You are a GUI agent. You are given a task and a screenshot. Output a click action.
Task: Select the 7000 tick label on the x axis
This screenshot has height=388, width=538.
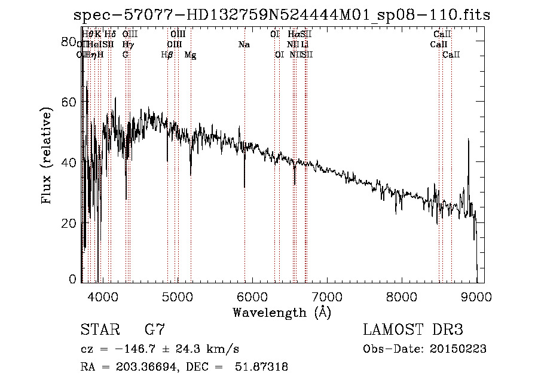[327, 295]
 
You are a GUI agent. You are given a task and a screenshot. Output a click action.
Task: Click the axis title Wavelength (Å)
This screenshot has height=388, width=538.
[282, 311]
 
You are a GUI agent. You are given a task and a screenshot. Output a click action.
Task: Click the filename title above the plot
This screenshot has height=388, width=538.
[282, 15]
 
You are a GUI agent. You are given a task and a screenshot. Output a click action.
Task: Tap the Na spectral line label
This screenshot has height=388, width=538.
[244, 45]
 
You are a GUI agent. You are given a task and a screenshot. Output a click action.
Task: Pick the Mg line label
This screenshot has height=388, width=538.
[190, 55]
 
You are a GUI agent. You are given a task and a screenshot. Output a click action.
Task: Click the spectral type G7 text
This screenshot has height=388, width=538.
[155, 330]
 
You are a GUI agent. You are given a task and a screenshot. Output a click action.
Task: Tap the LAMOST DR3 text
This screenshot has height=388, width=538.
[412, 330]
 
